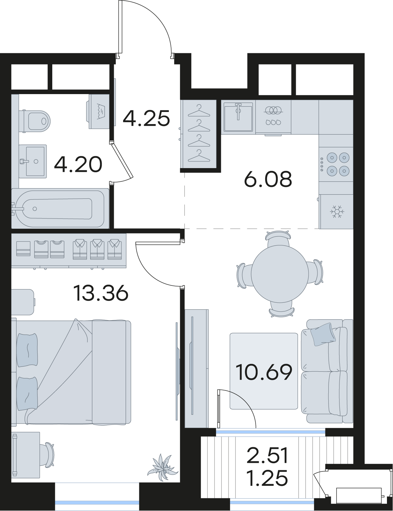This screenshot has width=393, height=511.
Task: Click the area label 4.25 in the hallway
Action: pyautogui.click(x=146, y=118)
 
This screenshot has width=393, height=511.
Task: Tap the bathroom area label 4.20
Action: pyautogui.click(x=78, y=164)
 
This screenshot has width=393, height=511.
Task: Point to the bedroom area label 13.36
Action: pyautogui.click(x=101, y=293)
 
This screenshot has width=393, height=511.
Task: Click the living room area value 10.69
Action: pyautogui.click(x=264, y=372)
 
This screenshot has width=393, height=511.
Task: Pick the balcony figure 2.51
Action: pyautogui.click(x=268, y=455)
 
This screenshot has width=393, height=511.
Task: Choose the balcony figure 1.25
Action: pyautogui.click(x=268, y=478)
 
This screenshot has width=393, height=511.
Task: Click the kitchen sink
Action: pyautogui.click(x=238, y=117)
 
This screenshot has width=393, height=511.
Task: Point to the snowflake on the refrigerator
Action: pyautogui.click(x=337, y=211)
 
